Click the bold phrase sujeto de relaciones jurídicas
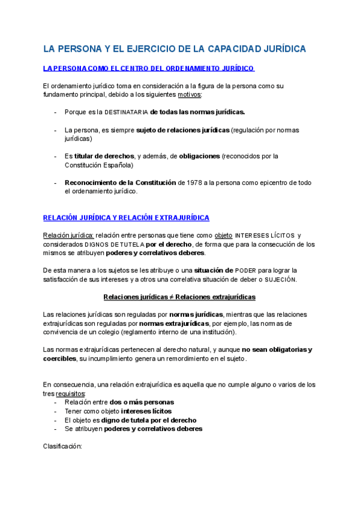click(x=182, y=130)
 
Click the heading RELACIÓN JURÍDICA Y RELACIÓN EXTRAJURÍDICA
click(x=126, y=217)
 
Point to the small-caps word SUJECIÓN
click(x=280, y=279)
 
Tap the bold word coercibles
click(x=60, y=358)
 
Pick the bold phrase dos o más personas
click(x=142, y=402)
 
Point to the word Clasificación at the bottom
click(x=62, y=447)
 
